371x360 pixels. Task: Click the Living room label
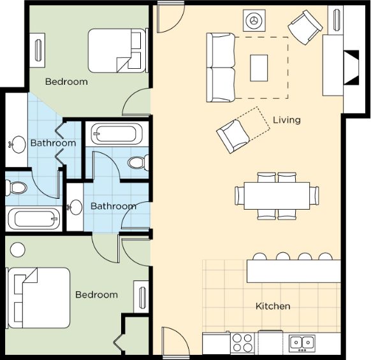(x=287, y=120)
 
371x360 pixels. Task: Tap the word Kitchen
(x=273, y=306)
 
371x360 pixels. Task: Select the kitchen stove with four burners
(x=242, y=343)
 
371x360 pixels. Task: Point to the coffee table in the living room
(x=259, y=68)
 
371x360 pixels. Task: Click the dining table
(x=277, y=196)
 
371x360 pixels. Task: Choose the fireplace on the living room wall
(x=352, y=68)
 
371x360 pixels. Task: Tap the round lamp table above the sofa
(x=254, y=20)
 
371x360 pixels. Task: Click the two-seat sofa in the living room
(x=221, y=68)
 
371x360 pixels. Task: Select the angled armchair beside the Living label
(x=233, y=136)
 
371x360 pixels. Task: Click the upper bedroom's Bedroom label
(x=66, y=82)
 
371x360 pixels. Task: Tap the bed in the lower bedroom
(x=38, y=298)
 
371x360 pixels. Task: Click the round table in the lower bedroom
(x=18, y=250)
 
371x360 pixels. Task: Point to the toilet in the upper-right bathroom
(x=138, y=162)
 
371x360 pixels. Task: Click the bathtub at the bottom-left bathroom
(x=34, y=219)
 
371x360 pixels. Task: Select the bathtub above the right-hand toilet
(x=117, y=134)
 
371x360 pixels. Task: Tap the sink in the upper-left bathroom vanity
(x=17, y=144)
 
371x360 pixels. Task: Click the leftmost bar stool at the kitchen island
(x=260, y=256)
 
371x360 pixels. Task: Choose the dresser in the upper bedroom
(x=37, y=50)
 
